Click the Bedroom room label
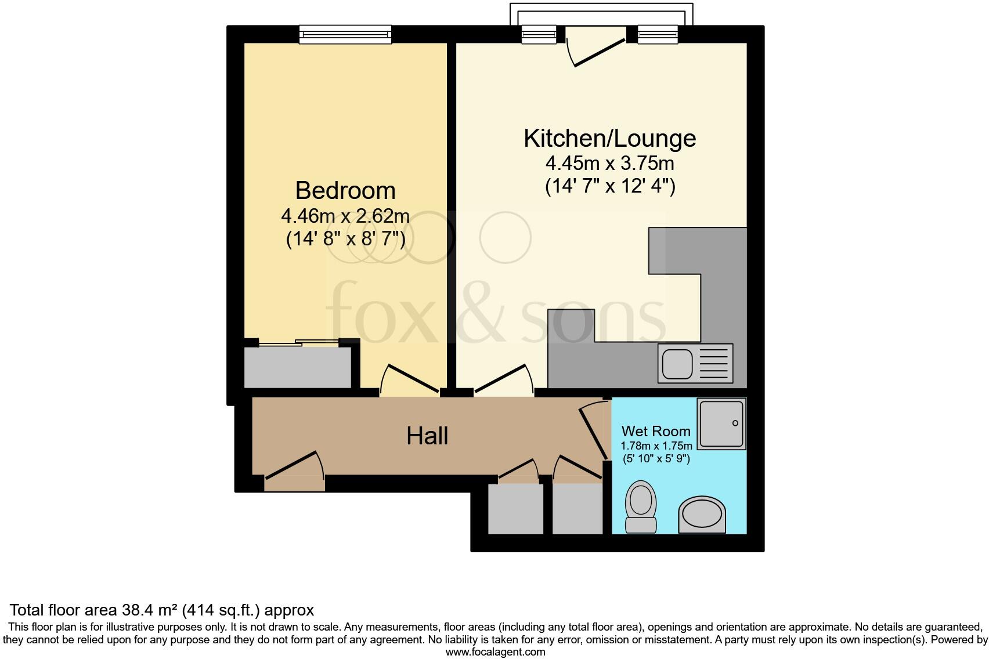(345, 190)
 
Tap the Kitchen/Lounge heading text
(609, 138)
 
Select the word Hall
(427, 436)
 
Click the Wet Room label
(656, 431)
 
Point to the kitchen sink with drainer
(695, 363)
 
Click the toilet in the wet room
(641, 506)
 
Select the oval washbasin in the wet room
(702, 515)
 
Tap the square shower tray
(721, 424)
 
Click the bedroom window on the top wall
(345, 34)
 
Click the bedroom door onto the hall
(409, 380)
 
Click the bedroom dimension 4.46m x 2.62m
(345, 216)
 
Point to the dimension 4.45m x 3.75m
(609, 164)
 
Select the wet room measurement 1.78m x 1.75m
(656, 446)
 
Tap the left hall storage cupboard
(515, 508)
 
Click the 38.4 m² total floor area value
(150, 610)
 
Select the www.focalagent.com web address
(495, 652)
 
